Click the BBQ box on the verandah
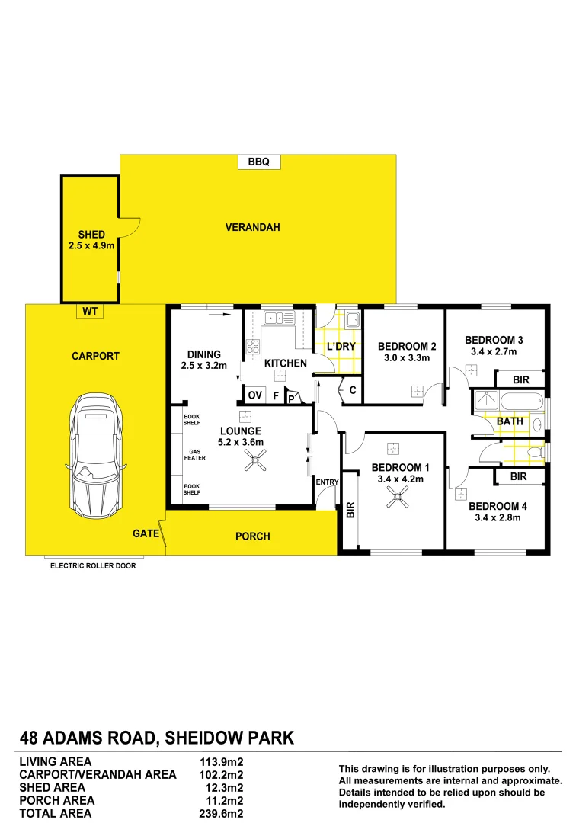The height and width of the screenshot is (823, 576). tap(259, 162)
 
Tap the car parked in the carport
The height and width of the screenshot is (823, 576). tap(95, 455)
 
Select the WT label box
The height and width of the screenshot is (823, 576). tap(90, 311)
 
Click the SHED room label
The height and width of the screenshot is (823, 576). tap(91, 235)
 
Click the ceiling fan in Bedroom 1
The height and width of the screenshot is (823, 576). tap(396, 499)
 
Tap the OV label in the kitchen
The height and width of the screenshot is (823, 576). tap(254, 395)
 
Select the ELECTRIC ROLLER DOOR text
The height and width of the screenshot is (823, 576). tap(93, 566)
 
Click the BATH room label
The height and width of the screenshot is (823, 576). tap(509, 421)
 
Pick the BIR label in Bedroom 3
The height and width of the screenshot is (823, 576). tap(520, 379)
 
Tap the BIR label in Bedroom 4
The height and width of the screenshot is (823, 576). tap(519, 477)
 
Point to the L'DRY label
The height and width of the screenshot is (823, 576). tap(341, 347)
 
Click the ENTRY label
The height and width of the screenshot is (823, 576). tap(326, 482)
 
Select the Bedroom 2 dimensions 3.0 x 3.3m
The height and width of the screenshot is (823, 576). tap(407, 357)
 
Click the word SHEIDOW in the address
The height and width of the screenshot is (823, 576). tap(209, 738)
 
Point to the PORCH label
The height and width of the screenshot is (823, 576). tap(253, 536)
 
